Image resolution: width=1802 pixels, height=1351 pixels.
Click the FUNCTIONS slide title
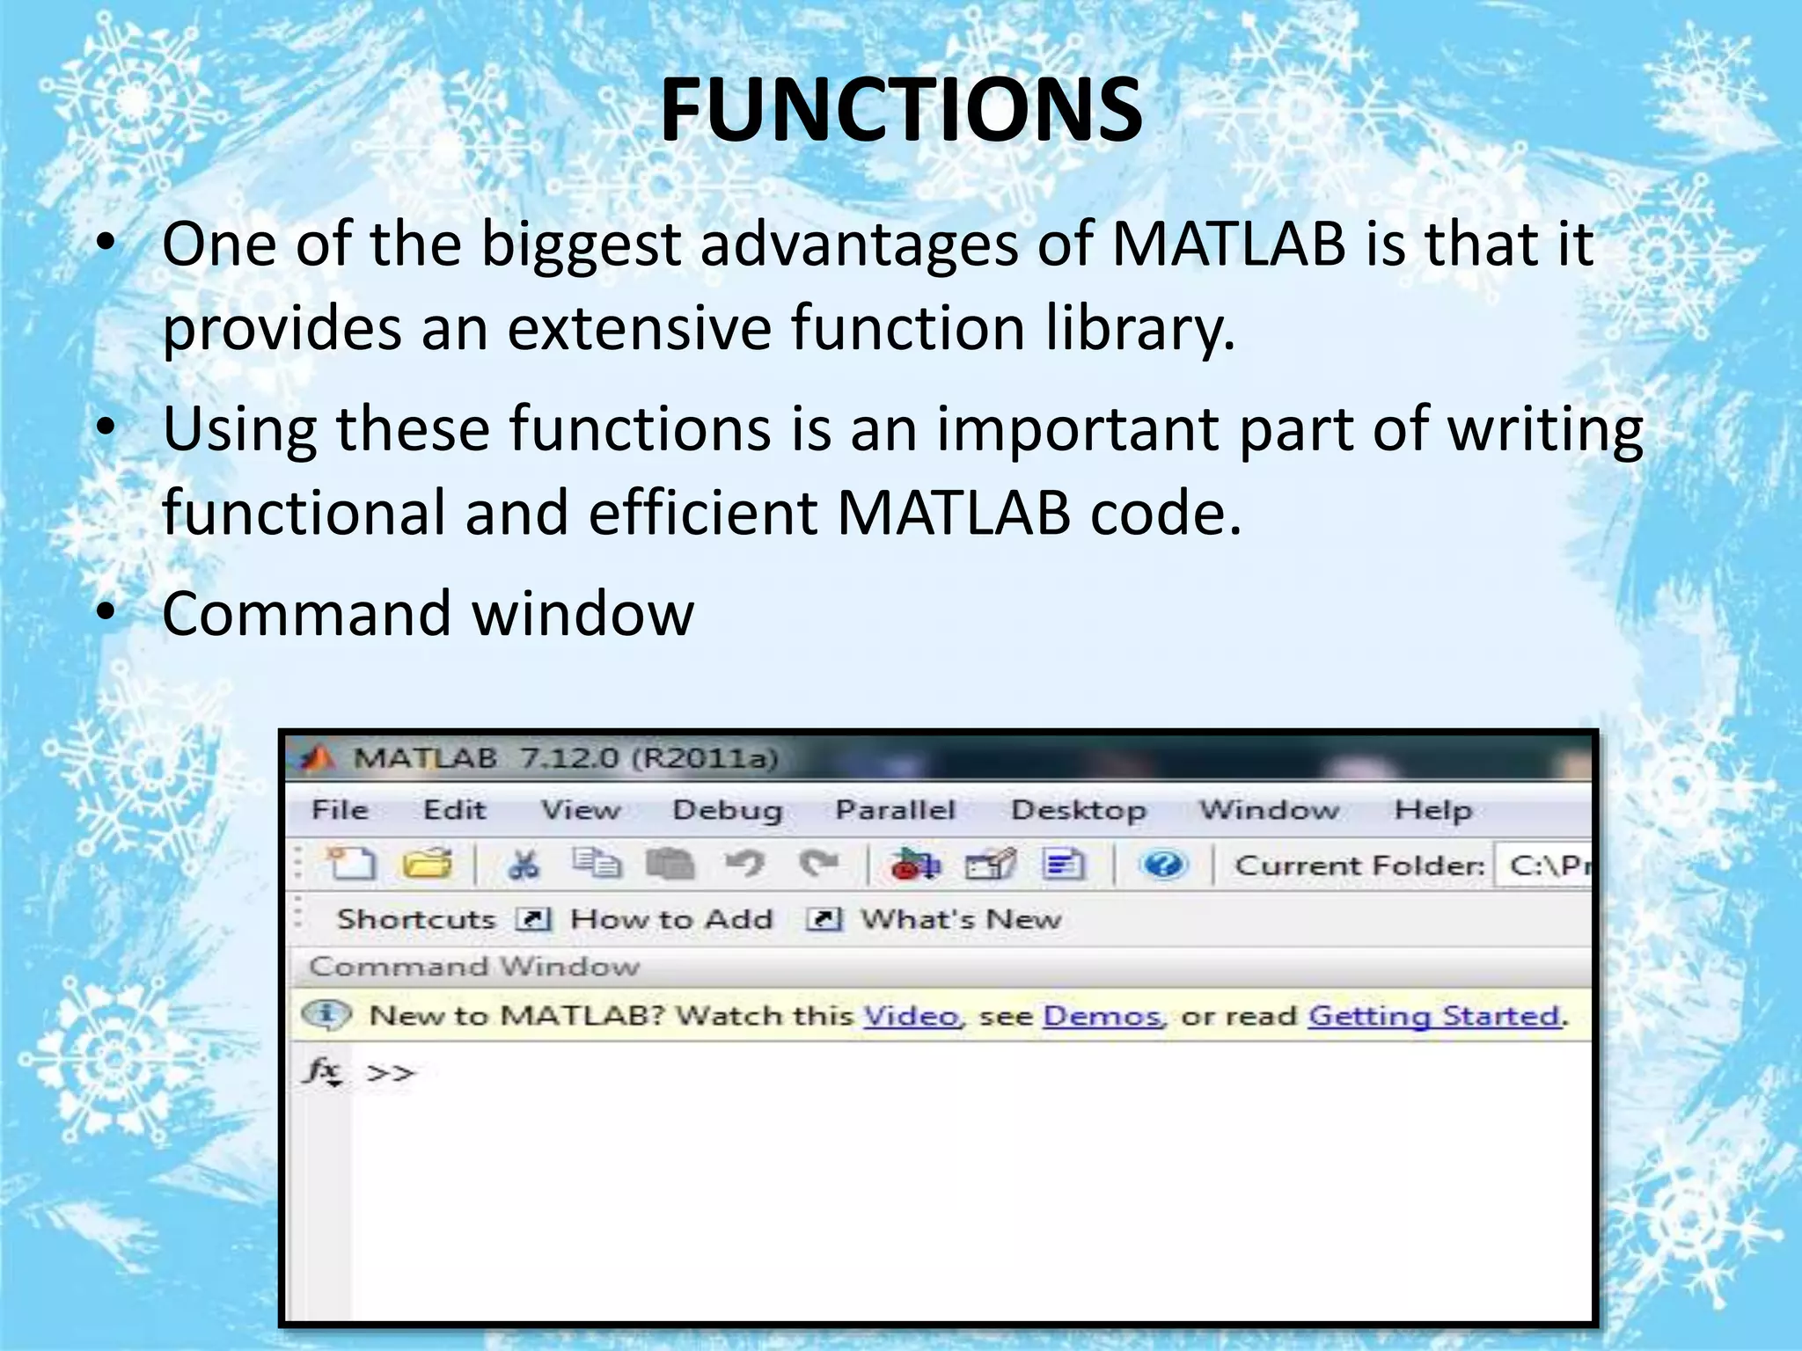point(901,110)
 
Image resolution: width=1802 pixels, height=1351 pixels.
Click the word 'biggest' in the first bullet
point(581,245)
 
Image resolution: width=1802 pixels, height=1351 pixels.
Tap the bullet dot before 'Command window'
point(106,613)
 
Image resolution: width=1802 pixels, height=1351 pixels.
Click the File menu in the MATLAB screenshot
point(341,809)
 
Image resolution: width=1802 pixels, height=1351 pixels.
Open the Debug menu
point(727,809)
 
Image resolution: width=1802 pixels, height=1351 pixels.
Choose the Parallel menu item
point(895,809)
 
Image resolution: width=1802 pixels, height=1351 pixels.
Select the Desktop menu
point(1078,809)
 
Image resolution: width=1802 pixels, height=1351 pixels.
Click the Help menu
point(1432,809)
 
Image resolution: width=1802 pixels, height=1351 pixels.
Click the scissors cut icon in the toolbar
point(524,865)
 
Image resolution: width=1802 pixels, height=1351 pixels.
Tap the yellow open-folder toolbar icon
point(428,865)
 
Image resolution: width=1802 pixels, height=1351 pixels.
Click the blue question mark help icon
point(1164,865)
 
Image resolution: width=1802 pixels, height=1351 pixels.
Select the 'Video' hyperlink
point(911,1016)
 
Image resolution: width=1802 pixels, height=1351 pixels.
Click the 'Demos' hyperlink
point(1102,1016)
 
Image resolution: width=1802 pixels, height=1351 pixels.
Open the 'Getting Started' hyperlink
point(1434,1016)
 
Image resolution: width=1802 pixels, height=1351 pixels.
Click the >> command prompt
point(390,1073)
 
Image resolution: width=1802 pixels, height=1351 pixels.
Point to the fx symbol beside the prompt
point(323,1071)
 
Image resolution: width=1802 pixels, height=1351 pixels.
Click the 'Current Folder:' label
point(1359,865)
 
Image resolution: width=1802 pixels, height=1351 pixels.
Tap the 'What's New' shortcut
point(960,919)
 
